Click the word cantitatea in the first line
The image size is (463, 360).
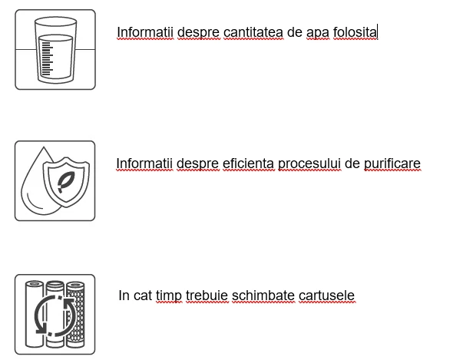click(x=253, y=32)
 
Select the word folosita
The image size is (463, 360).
click(x=355, y=32)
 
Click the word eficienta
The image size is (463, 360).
click(x=248, y=163)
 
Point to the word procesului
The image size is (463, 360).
click(x=309, y=164)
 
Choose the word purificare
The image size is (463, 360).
click(x=392, y=164)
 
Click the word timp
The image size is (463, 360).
click(x=169, y=296)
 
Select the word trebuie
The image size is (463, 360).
click(x=207, y=296)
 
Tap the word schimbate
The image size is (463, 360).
click(x=263, y=296)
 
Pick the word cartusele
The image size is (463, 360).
click(x=326, y=296)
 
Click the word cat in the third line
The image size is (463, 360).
click(x=143, y=296)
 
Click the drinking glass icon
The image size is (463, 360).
click(x=55, y=50)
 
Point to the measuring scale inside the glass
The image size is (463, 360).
click(x=48, y=59)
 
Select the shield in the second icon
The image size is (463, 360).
click(x=66, y=181)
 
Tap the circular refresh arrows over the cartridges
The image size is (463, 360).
click(x=55, y=315)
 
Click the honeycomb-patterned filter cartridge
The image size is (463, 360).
click(x=75, y=314)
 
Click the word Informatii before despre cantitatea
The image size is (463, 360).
click(x=145, y=32)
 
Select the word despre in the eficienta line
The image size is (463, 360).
click(x=197, y=164)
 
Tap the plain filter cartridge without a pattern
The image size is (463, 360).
click(x=35, y=314)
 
